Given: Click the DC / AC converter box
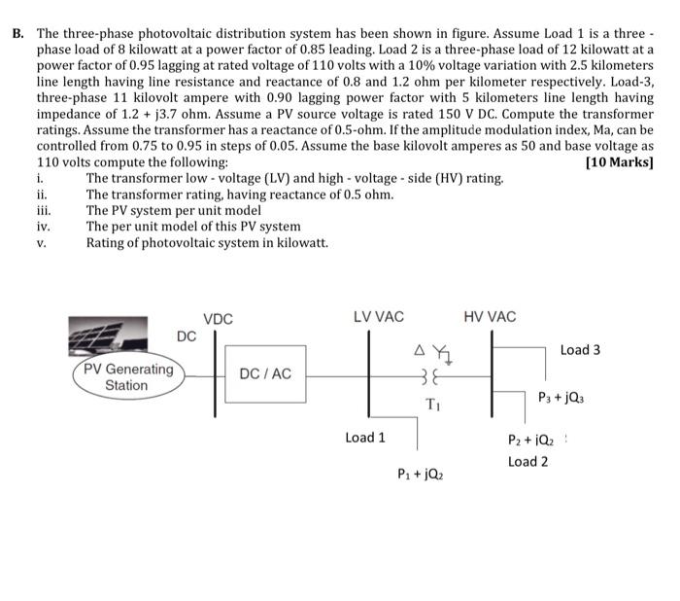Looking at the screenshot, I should coord(265,374).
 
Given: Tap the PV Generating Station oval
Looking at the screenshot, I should coord(127,377).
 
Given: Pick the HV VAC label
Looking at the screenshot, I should coord(490,317).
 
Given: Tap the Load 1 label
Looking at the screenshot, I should coord(365,438).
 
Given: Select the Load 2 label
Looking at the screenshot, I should coord(527,461).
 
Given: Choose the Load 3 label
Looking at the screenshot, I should coord(580,349).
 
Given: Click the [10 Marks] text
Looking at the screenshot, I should coord(620,161).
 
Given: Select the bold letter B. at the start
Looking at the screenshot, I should coord(17,32).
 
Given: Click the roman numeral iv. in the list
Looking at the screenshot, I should coord(42,227).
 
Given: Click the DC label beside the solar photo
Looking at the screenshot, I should coord(187,336).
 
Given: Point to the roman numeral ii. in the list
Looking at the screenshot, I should coord(41,194).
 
